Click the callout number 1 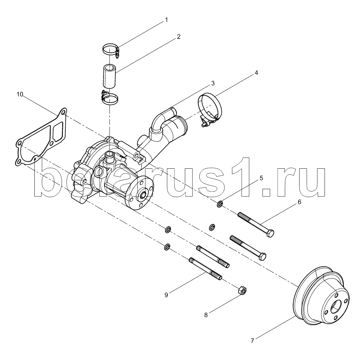pyautogui.click(x=166, y=20)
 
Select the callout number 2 pyautogui.click(x=179, y=37)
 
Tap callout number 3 pyautogui.click(x=213, y=83)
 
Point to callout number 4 pyautogui.click(x=256, y=73)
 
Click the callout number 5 pyautogui.click(x=261, y=178)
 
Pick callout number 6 pyautogui.click(x=299, y=202)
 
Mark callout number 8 pyautogui.click(x=206, y=315)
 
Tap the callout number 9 pyautogui.click(x=166, y=295)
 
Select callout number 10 pyautogui.click(x=20, y=94)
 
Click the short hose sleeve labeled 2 pyautogui.click(x=110, y=77)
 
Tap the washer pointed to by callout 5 pyautogui.click(x=220, y=204)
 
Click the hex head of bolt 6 pyautogui.click(x=270, y=233)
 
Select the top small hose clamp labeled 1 pyautogui.click(x=111, y=49)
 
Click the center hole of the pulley pyautogui.click(x=335, y=306)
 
